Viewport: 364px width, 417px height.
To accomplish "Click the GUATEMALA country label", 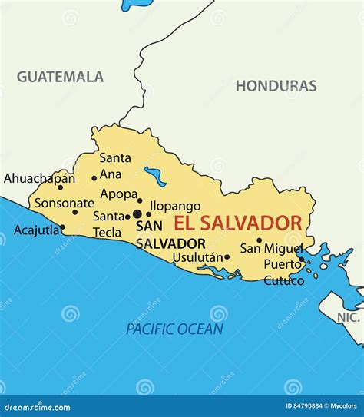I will click(60, 77).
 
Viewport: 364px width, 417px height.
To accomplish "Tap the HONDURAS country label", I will click(276, 86).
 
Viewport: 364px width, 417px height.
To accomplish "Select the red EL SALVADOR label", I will click(237, 223).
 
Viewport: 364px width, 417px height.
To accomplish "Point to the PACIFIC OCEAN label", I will click(174, 329).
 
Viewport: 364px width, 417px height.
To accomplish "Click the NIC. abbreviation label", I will click(348, 317).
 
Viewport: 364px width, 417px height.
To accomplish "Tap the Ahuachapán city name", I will click(39, 178).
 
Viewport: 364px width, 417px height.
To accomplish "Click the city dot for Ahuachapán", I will click(61, 187).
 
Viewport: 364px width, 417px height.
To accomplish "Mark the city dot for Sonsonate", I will click(74, 213).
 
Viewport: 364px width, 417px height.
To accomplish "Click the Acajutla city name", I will click(35, 230).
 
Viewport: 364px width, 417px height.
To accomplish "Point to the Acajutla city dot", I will click(62, 227).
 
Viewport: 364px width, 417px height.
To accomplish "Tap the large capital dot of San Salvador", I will click(137, 214).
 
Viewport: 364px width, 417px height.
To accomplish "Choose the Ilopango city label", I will click(175, 206).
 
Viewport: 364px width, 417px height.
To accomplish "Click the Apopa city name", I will click(118, 194).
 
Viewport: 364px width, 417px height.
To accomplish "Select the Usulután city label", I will click(197, 257).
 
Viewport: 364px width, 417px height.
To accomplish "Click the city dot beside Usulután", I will click(227, 257).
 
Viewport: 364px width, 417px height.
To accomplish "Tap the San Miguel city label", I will click(272, 248).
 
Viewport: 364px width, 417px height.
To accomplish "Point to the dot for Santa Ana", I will click(94, 178).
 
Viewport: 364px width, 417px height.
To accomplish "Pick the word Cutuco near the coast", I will click(283, 280).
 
